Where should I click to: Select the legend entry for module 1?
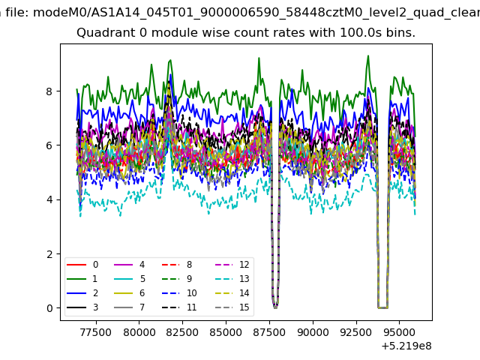point(82,279)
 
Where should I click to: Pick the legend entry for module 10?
point(179,293)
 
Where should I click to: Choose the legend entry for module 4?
point(129,265)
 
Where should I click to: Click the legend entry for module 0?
point(82,265)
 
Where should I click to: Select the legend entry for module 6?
point(129,293)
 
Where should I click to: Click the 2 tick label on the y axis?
point(49,254)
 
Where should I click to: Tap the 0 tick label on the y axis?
point(49,308)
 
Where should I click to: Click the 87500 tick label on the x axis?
point(269,332)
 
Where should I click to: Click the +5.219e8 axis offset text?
point(406,346)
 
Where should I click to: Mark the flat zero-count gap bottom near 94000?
point(383,307)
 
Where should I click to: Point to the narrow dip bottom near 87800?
point(275,307)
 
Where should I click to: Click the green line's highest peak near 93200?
point(368,55)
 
